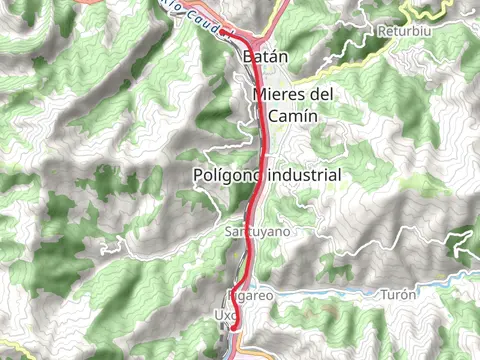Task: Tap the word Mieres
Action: tap(279, 95)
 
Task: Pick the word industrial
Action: tap(303, 176)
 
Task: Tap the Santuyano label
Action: tap(257, 231)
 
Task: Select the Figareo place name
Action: tap(250, 295)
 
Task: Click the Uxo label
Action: tap(223, 315)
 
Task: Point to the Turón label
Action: tap(397, 295)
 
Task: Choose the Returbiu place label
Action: tap(403, 32)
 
